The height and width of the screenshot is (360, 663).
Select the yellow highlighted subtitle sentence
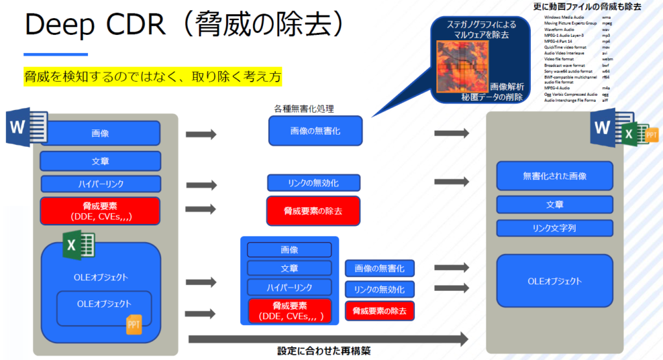[153, 77]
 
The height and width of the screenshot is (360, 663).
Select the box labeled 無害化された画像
[554, 175]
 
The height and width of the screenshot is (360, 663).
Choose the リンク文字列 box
[554, 228]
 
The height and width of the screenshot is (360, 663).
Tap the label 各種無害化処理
[304, 108]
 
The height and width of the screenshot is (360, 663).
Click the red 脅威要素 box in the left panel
[100, 210]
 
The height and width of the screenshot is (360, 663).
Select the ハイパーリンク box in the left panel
[100, 184]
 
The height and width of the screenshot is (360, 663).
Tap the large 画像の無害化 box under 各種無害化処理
[315, 131]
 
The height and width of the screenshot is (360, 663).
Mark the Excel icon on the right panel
[629, 134]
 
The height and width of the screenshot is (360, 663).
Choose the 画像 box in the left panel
[100, 133]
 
